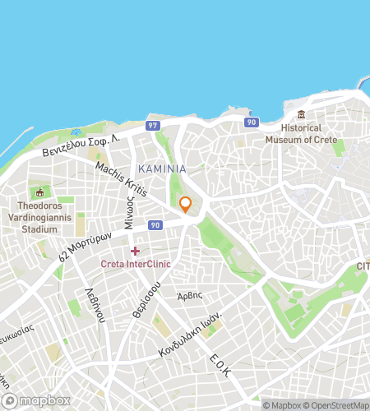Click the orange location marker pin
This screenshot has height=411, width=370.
[x=186, y=205]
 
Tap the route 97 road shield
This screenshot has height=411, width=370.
[x=152, y=125]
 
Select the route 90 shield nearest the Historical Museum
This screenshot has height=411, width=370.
[x=252, y=122]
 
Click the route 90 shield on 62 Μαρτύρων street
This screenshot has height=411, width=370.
[x=155, y=224]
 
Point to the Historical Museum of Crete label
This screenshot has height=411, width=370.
[x=302, y=133]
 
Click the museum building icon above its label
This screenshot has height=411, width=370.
[x=302, y=113]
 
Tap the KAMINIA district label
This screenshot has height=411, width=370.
[x=162, y=169]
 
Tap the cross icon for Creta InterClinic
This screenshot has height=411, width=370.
[x=135, y=250]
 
